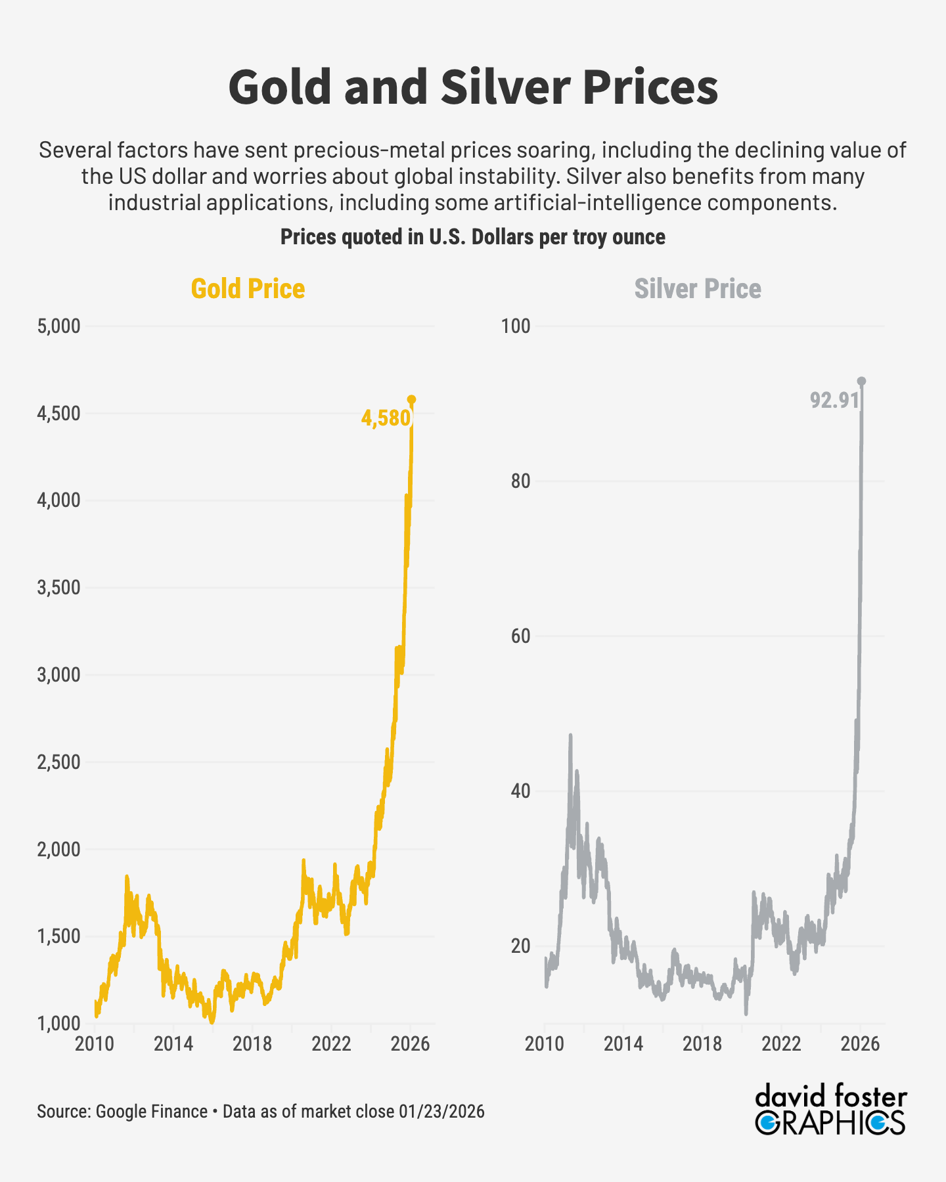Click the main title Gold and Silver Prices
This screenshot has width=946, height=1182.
473,87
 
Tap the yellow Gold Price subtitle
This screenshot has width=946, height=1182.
248,289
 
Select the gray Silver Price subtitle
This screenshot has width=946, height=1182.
697,289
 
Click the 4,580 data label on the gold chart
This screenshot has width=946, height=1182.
386,418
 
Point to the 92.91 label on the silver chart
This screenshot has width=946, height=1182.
834,400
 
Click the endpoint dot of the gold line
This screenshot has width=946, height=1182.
412,399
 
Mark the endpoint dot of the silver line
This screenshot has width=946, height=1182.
862,381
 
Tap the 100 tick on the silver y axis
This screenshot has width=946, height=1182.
516,326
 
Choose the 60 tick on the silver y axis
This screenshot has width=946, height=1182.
520,636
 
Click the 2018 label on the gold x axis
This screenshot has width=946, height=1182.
252,1044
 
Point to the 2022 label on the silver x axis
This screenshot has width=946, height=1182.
781,1044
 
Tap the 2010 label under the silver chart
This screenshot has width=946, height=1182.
545,1044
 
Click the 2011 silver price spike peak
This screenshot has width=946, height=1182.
570,736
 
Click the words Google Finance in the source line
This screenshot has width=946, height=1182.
152,1112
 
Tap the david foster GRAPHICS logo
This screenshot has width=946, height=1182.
830,1110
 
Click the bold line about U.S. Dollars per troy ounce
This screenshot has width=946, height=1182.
473,237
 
